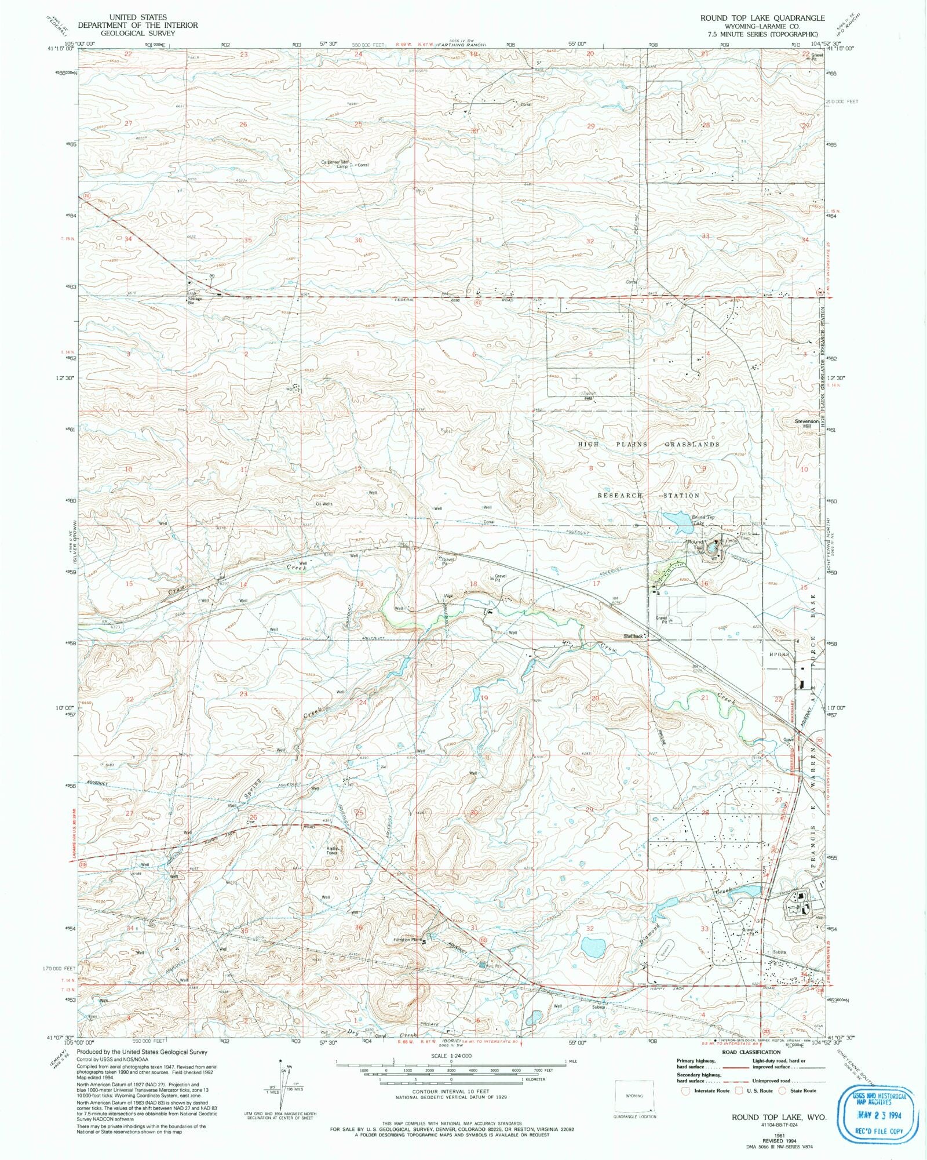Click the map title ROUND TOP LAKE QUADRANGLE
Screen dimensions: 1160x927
762,18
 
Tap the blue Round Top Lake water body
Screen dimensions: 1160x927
674,520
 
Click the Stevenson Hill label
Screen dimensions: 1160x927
806,423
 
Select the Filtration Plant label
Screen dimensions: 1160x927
408,940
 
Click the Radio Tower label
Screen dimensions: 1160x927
331,850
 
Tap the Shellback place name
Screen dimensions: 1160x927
633,636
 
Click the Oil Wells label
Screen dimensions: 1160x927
323,504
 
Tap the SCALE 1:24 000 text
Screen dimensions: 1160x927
450,1056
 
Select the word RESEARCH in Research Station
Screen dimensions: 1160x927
619,496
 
